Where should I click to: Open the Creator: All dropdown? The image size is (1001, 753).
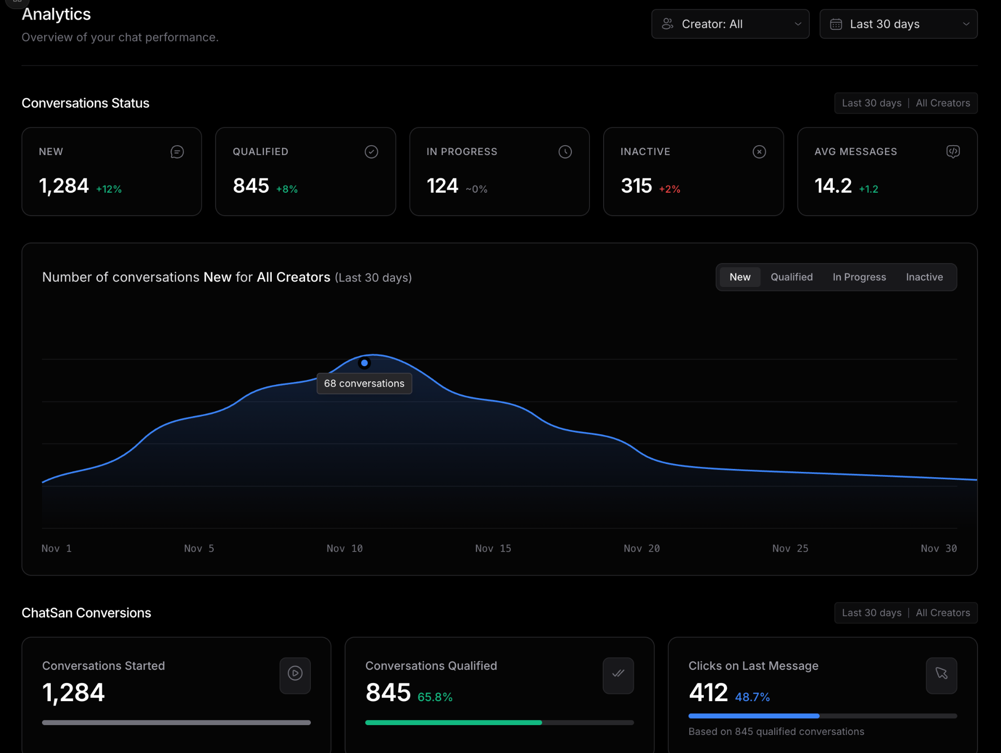click(x=730, y=24)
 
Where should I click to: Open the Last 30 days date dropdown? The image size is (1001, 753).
click(x=898, y=24)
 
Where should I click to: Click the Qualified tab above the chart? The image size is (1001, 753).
click(x=792, y=277)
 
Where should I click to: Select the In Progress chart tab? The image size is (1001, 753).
click(x=859, y=277)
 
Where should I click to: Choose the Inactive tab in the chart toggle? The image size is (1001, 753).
click(x=924, y=277)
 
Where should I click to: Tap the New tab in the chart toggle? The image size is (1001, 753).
click(x=740, y=277)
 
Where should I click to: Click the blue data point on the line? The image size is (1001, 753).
click(x=364, y=363)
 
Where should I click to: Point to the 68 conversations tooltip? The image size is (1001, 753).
click(x=364, y=383)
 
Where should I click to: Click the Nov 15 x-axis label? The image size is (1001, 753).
click(x=493, y=549)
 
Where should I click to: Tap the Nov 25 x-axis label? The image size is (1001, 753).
click(x=790, y=549)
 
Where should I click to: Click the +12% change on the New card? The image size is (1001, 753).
click(x=109, y=189)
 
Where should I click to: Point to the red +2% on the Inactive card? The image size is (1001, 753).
click(x=670, y=189)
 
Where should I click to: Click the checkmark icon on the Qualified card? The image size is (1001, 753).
click(x=371, y=152)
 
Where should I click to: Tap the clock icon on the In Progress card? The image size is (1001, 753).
click(x=565, y=152)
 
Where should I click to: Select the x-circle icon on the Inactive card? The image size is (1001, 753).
click(x=759, y=152)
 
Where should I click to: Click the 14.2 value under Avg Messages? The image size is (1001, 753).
click(x=833, y=186)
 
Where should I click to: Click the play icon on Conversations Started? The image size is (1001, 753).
click(x=295, y=673)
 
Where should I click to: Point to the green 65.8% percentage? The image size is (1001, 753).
click(x=435, y=697)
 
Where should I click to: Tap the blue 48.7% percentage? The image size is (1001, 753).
click(x=752, y=697)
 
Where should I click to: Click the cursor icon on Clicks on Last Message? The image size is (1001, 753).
click(x=941, y=673)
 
